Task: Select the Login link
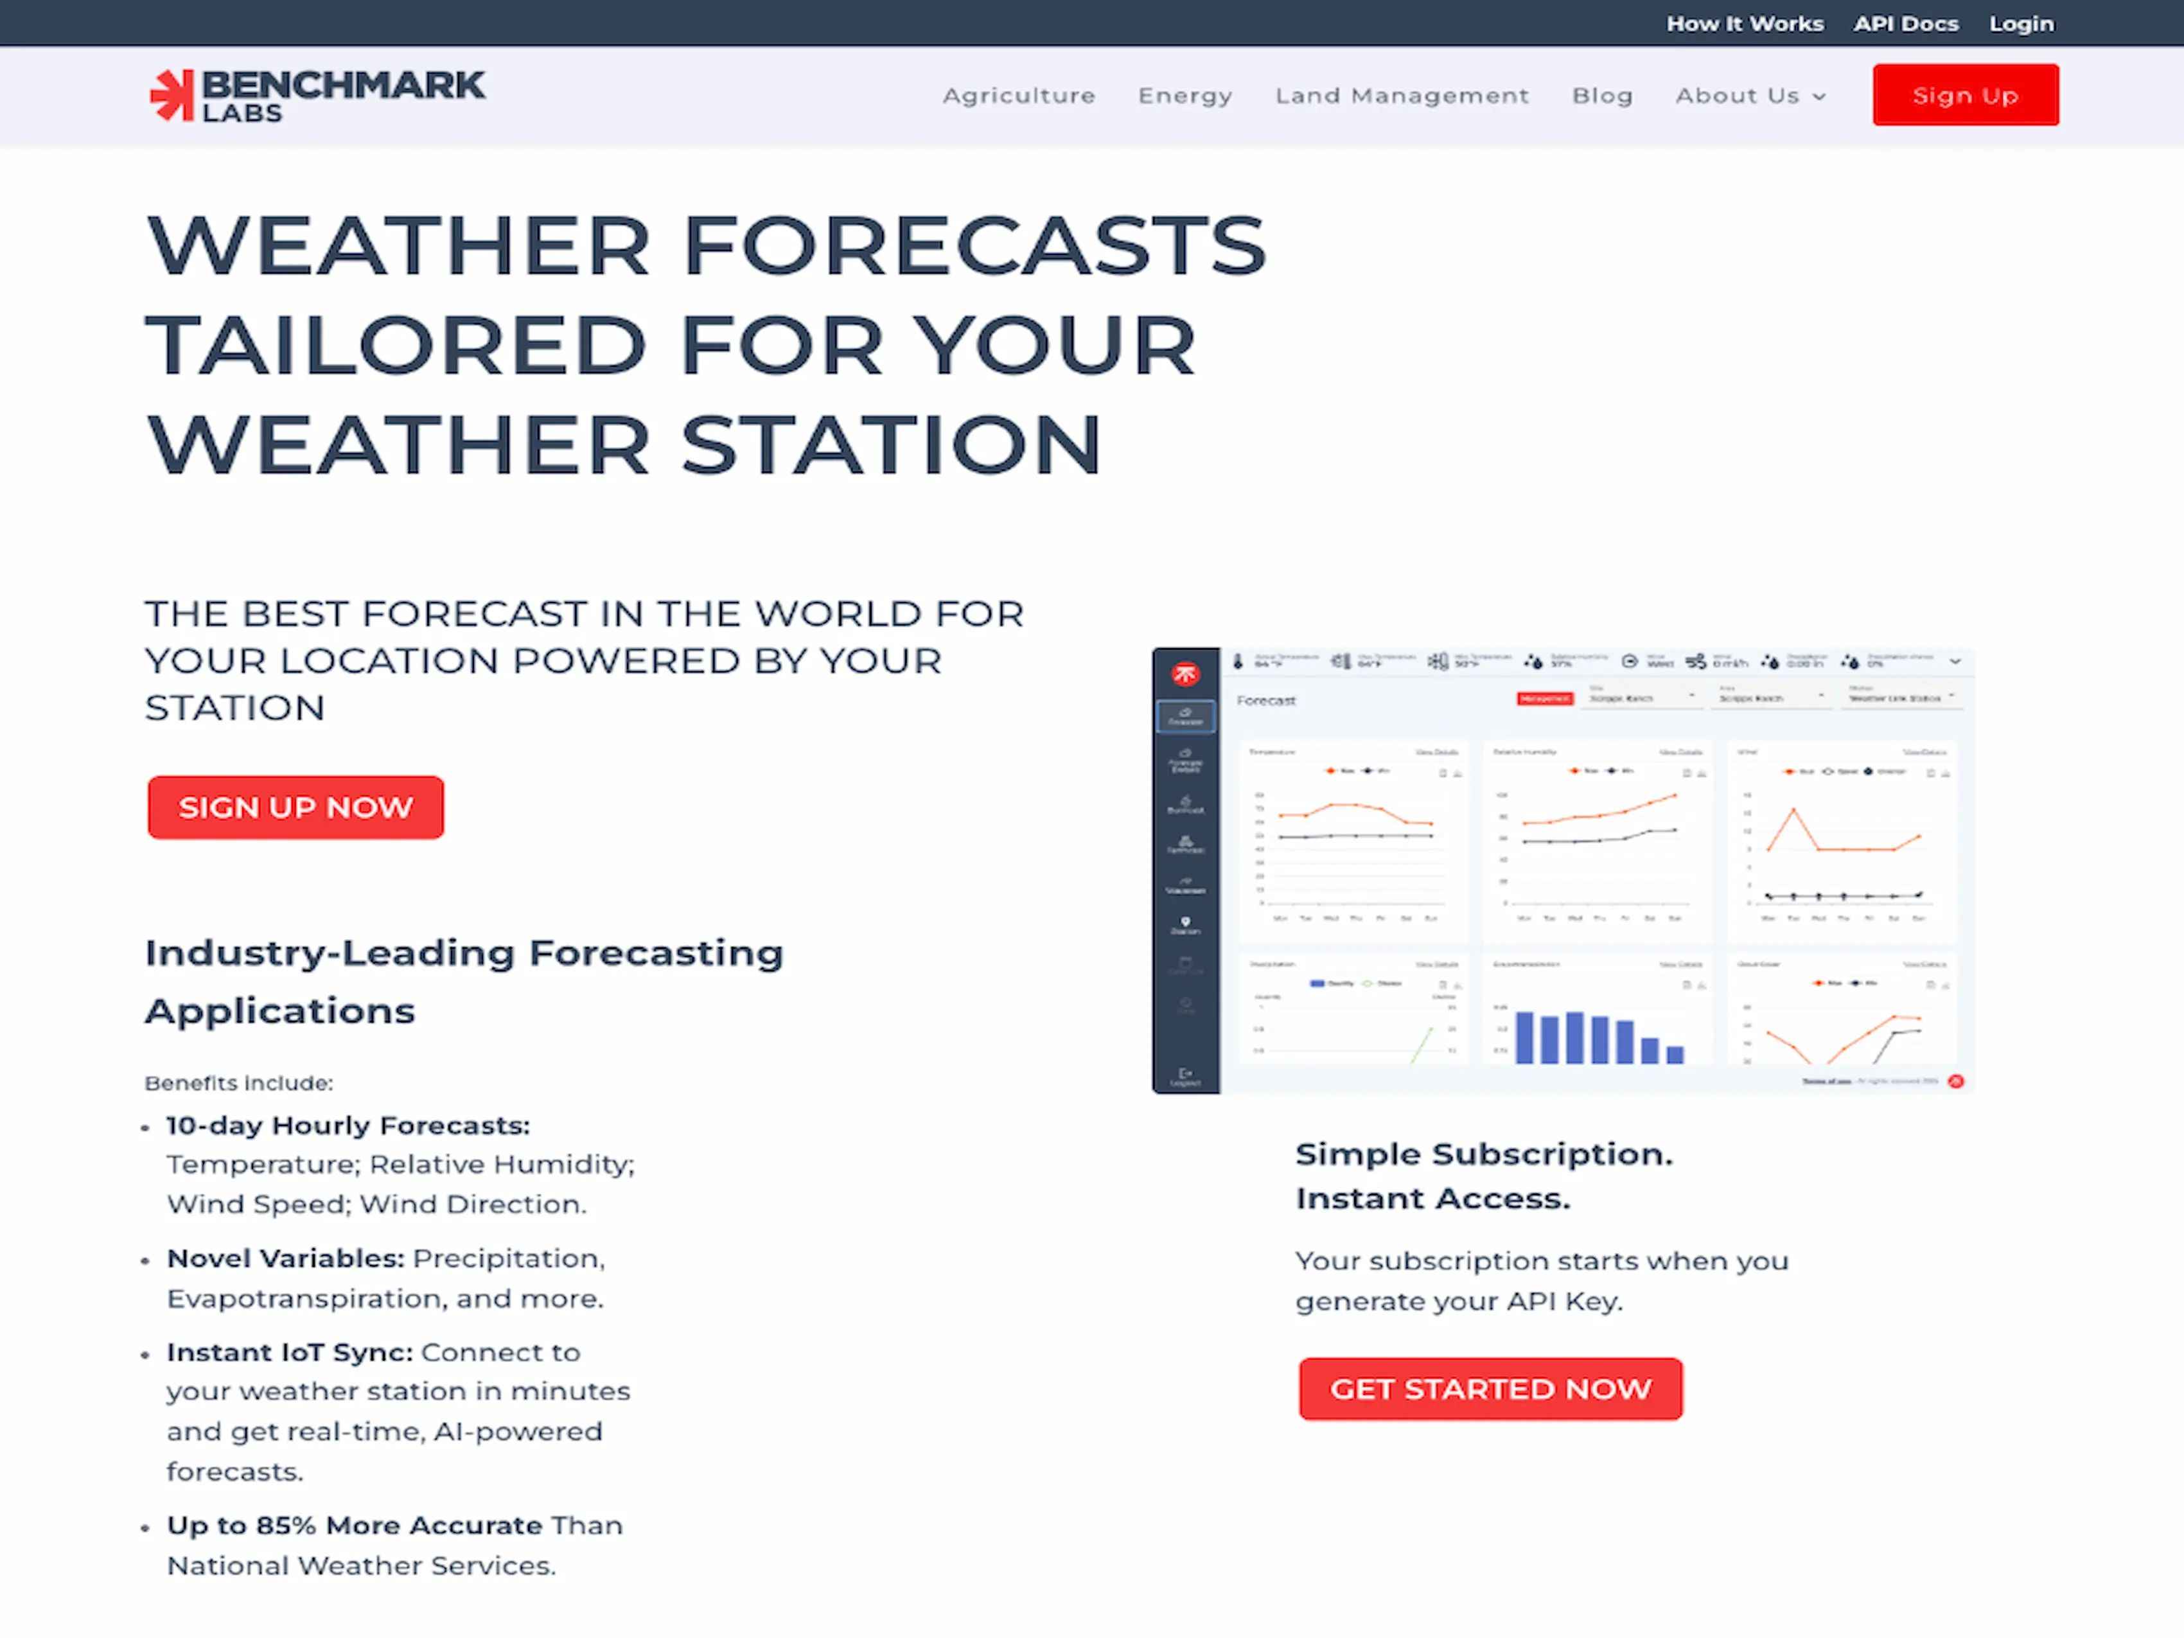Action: point(2020,24)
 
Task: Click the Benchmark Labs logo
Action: point(317,96)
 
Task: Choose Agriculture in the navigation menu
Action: point(1018,96)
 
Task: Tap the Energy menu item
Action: point(1184,96)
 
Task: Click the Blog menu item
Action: point(1601,96)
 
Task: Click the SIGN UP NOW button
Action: point(295,807)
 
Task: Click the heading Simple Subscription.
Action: point(1483,1153)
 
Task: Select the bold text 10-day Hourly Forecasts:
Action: point(348,1125)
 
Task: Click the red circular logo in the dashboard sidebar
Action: point(1184,674)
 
